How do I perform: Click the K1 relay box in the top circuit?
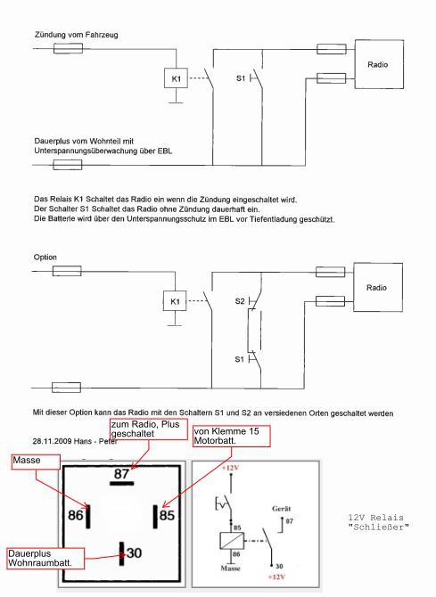(176, 78)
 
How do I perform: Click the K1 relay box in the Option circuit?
(175, 301)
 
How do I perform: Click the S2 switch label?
(240, 301)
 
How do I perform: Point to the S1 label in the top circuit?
(241, 78)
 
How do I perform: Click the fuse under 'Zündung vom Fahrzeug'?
(69, 48)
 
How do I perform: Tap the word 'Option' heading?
(45, 258)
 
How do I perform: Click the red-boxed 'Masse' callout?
(36, 462)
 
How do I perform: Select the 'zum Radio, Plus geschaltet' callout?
(149, 429)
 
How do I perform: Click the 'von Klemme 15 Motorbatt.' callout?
(232, 437)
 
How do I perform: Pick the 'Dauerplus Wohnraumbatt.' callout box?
(45, 559)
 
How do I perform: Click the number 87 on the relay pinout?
(122, 474)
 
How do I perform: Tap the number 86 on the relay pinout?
(76, 515)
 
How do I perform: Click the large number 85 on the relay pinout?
(167, 516)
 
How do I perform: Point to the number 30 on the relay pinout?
(134, 552)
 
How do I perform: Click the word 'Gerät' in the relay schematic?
(281, 509)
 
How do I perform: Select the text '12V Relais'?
(375, 518)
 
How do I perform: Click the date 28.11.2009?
(51, 441)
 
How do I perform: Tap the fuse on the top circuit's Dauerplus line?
(68, 165)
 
